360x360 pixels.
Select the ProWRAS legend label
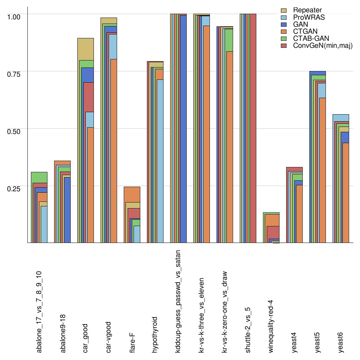pos(309,17)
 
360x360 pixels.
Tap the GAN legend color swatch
pos(284,25)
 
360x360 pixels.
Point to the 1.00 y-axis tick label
pos(14,17)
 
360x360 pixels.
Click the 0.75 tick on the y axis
pos(14,74)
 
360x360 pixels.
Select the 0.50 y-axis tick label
pos(14,131)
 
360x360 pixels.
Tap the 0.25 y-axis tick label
pos(14,188)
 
